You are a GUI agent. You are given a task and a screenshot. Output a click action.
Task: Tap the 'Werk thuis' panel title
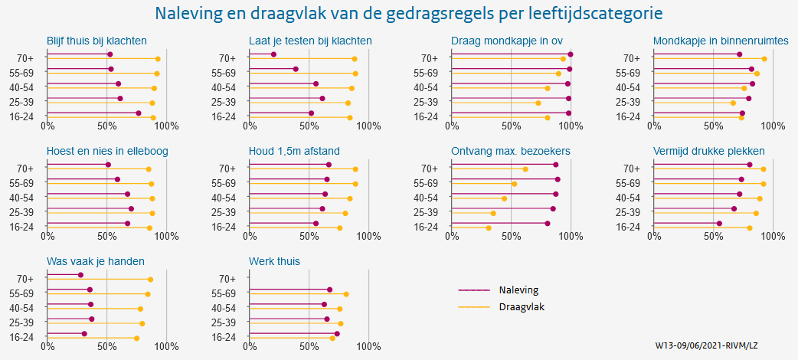click(274, 261)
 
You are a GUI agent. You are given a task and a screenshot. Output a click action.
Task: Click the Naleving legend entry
click(518, 290)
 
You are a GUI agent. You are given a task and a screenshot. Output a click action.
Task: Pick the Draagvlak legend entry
click(521, 307)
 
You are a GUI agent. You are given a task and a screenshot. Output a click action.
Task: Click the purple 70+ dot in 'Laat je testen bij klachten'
click(273, 54)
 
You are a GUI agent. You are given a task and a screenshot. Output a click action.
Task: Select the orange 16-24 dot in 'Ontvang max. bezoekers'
click(489, 227)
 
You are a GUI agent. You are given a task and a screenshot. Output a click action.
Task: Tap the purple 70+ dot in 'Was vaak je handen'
click(80, 275)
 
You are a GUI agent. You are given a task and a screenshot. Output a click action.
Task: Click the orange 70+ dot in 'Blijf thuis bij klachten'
click(158, 59)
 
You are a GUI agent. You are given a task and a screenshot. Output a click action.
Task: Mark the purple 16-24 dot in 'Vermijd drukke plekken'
click(719, 224)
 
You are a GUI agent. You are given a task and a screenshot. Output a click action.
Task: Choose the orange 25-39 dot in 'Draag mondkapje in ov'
click(538, 103)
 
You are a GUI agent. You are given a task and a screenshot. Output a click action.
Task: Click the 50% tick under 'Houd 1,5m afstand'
click(309, 236)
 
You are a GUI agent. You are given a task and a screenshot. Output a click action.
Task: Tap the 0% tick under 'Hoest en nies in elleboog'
click(47, 236)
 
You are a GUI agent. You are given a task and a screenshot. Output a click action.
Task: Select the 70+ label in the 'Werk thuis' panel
click(227, 279)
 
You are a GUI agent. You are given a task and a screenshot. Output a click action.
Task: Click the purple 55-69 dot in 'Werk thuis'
click(329, 290)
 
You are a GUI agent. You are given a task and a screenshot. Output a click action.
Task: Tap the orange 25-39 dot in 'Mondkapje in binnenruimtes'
click(732, 103)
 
